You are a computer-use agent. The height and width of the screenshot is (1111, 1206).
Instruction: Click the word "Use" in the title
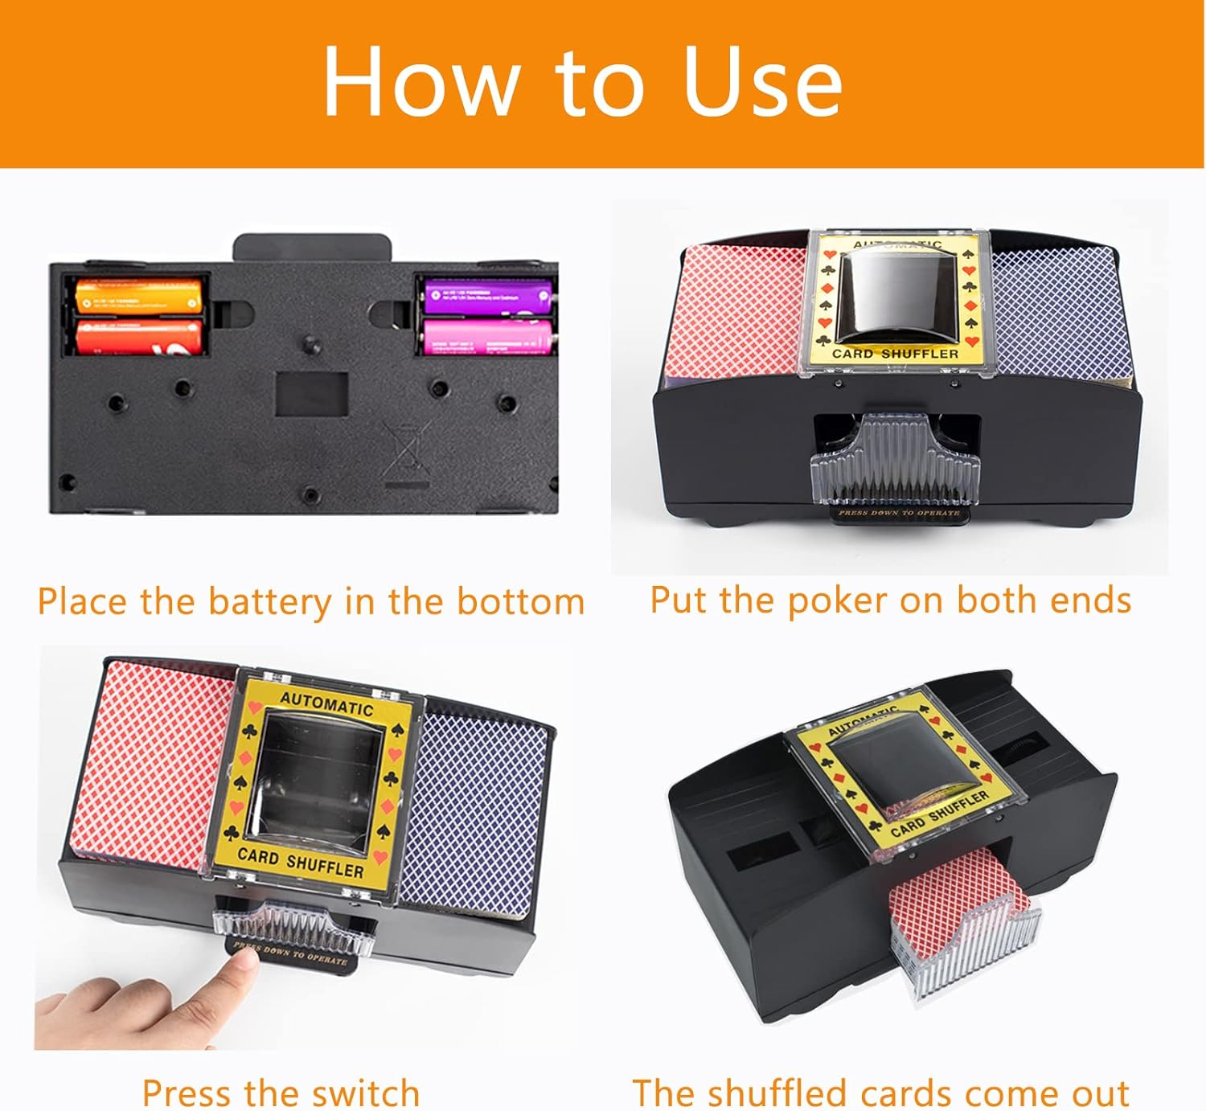click(762, 82)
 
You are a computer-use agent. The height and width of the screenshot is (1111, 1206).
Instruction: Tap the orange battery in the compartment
click(138, 295)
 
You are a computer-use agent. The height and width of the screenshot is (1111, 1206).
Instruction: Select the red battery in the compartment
click(138, 336)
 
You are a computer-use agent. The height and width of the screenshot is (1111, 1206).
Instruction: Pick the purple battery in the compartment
click(488, 295)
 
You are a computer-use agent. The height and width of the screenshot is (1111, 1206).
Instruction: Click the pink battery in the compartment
click(488, 335)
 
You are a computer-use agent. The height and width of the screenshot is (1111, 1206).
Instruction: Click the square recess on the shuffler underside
click(312, 393)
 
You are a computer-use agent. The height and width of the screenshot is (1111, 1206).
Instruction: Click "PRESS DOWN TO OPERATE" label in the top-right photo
click(899, 512)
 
